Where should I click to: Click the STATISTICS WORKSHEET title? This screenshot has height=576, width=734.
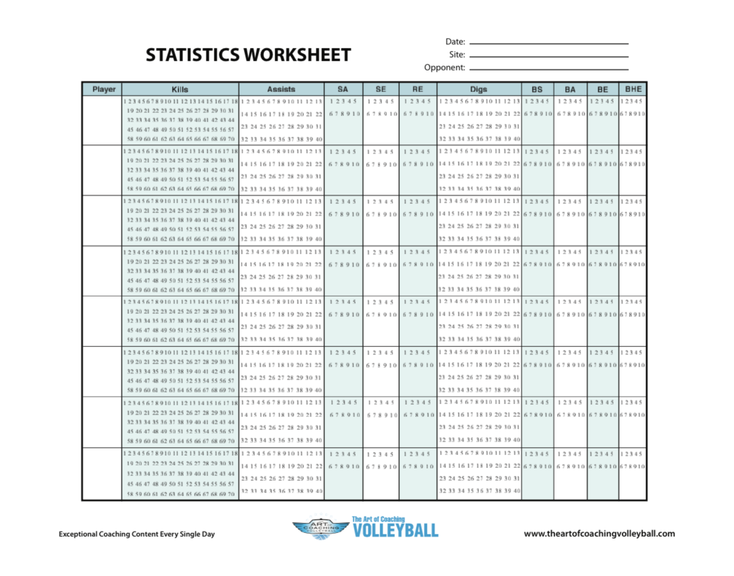click(248, 55)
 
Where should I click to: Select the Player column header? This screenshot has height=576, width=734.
click(104, 89)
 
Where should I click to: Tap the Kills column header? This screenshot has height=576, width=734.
click(180, 89)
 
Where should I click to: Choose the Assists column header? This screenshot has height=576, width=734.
click(281, 89)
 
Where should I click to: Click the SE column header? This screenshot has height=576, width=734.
click(381, 89)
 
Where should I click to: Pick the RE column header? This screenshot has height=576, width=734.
click(418, 89)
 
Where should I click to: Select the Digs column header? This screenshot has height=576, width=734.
click(478, 89)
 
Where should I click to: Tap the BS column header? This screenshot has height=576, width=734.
click(537, 89)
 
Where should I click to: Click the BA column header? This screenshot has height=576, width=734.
click(571, 89)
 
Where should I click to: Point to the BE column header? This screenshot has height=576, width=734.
click(603, 89)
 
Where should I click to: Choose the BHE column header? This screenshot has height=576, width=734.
click(633, 89)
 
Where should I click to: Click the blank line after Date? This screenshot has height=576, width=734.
click(549, 44)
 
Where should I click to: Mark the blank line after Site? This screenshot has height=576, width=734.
click(549, 56)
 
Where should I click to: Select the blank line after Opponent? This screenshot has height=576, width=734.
click(549, 69)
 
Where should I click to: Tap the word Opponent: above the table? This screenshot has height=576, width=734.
click(444, 68)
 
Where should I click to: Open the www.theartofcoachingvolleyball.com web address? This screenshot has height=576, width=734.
click(599, 534)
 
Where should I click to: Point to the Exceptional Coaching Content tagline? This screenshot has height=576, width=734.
click(137, 534)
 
